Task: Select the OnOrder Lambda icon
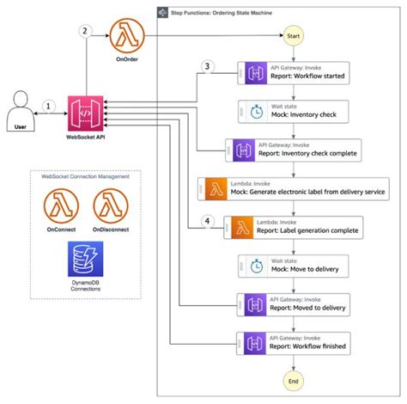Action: (127, 36)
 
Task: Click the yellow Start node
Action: (293, 37)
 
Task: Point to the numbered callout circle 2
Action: (84, 32)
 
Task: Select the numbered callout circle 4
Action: (206, 223)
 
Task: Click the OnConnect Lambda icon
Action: (63, 207)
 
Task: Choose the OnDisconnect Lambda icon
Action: (110, 207)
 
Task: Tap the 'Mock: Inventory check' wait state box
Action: (293, 112)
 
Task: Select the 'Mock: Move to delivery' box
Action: (293, 266)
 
